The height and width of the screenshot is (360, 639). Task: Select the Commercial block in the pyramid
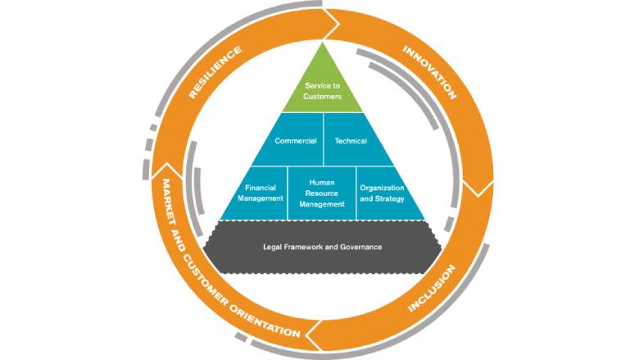pyautogui.click(x=295, y=141)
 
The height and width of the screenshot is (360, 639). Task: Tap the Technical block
pyautogui.click(x=351, y=141)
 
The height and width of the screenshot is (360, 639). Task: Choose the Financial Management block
pyautogui.click(x=263, y=193)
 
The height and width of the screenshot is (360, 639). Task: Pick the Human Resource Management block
pyautogui.click(x=322, y=193)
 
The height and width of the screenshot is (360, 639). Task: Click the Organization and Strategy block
pyautogui.click(x=382, y=193)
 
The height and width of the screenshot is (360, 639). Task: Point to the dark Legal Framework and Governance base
pyautogui.click(x=323, y=247)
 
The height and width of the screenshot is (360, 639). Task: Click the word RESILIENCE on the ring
pyautogui.click(x=215, y=73)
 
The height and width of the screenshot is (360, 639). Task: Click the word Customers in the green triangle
pyautogui.click(x=323, y=97)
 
